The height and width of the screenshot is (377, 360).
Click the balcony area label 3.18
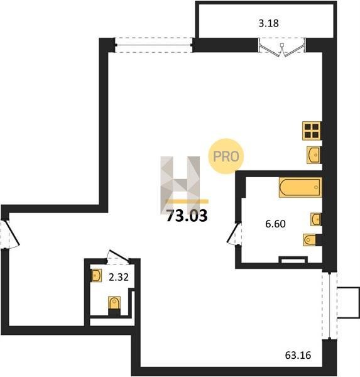tap(268, 23)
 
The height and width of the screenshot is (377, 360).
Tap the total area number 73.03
tap(187, 216)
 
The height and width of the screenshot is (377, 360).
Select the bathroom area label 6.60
tap(275, 224)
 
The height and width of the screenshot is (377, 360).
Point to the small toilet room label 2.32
tap(119, 277)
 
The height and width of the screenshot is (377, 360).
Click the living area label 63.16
tap(298, 355)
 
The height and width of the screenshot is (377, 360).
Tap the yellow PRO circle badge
tap(226, 156)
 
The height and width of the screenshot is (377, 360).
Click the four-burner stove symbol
tap(312, 131)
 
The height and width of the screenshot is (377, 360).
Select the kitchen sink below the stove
tap(314, 155)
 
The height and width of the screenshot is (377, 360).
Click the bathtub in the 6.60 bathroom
tap(300, 187)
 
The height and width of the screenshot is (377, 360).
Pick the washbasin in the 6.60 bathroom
tap(315, 219)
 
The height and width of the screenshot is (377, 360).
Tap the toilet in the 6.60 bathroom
tap(312, 240)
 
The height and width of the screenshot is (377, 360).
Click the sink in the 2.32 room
tap(97, 275)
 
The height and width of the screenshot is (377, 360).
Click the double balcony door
tap(282, 47)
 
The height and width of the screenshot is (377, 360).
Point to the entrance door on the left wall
tap(9, 234)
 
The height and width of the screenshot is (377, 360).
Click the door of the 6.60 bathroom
tap(234, 234)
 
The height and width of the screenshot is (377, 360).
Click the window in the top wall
tap(154, 45)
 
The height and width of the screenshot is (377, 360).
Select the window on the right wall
tap(329, 305)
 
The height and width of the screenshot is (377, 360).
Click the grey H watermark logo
tap(180, 185)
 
